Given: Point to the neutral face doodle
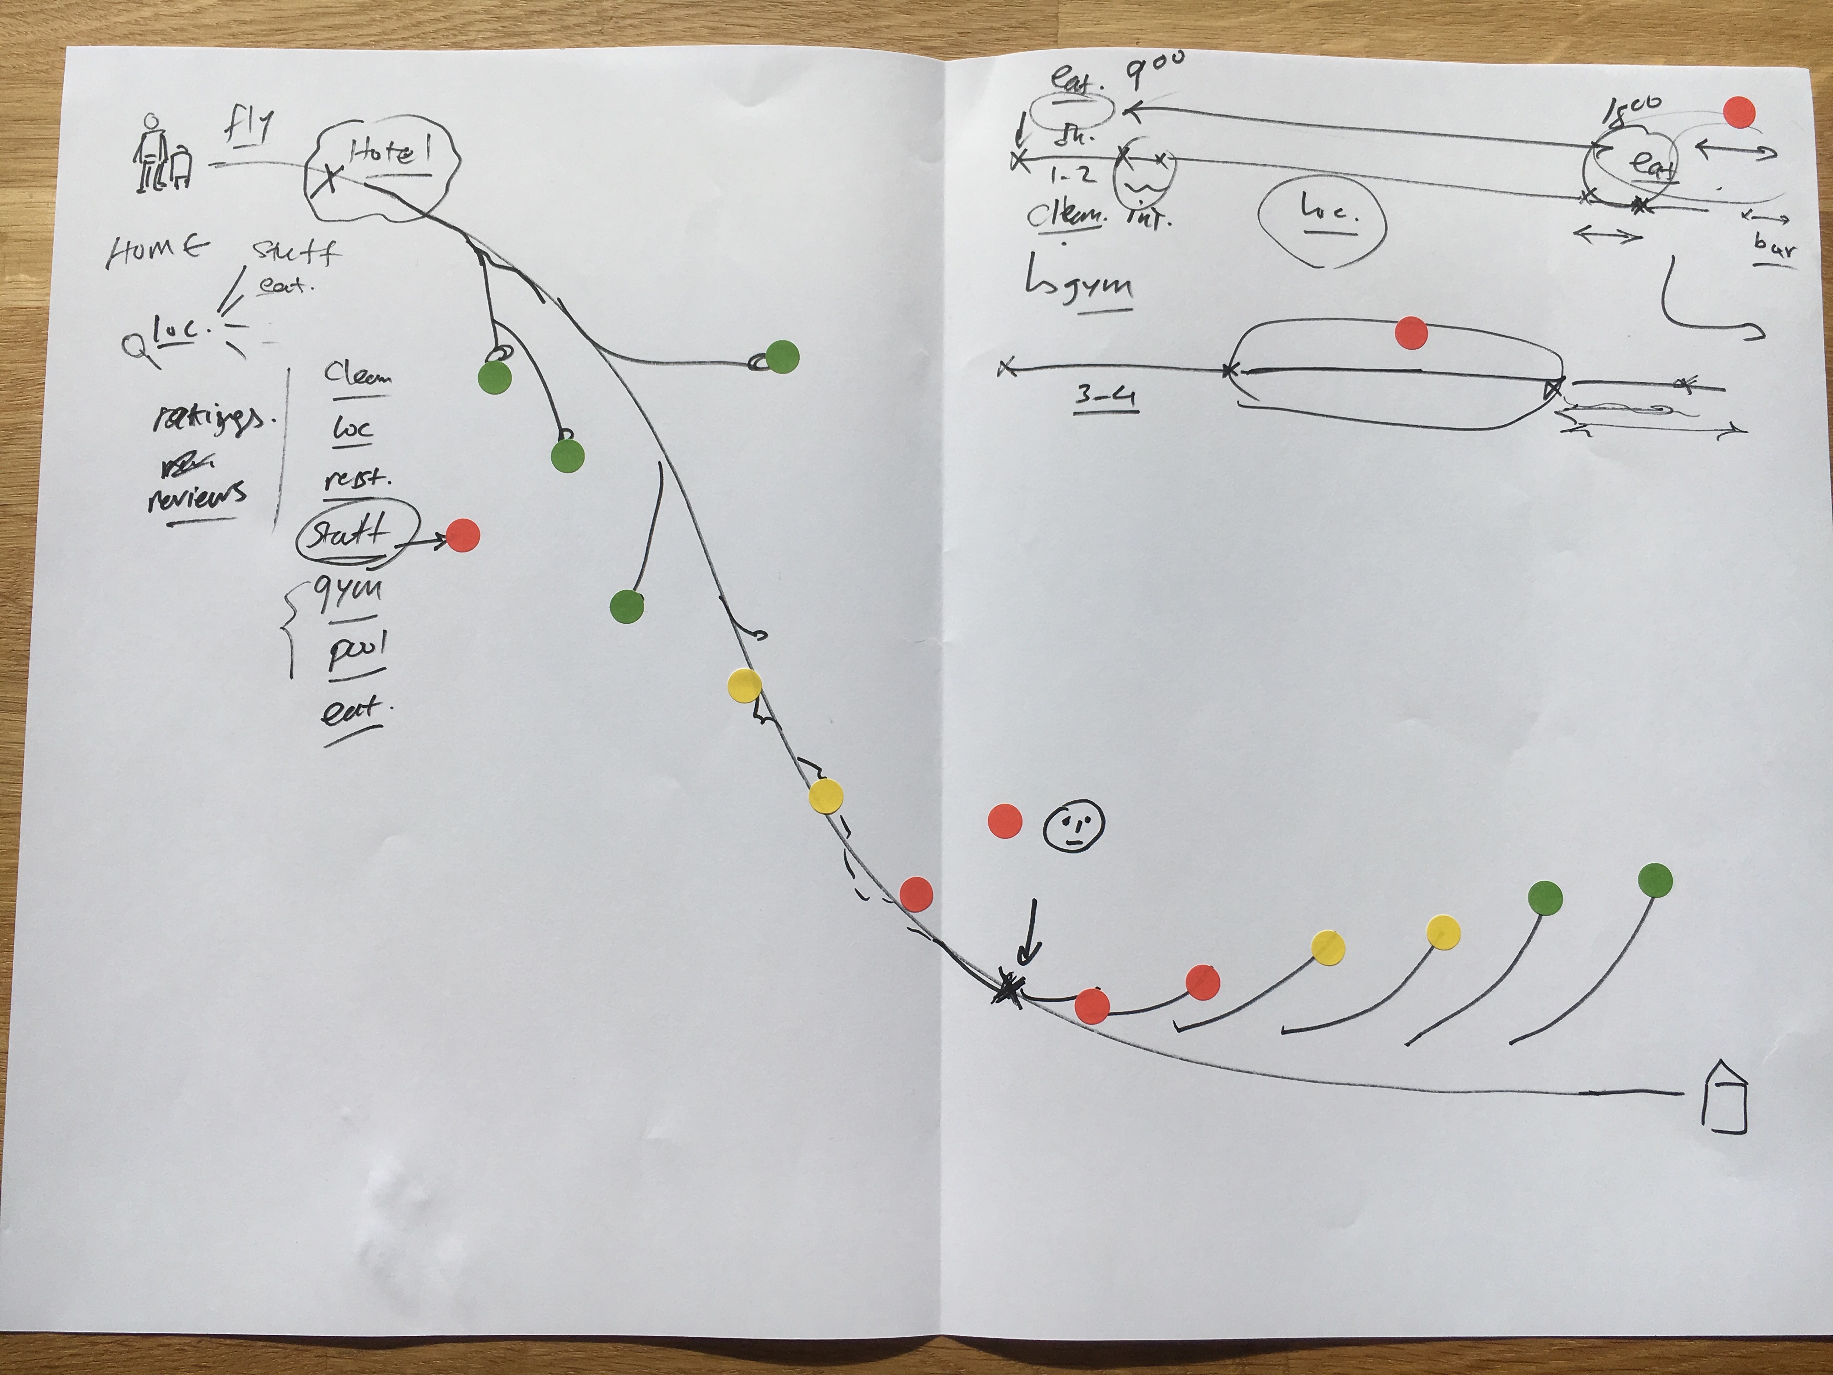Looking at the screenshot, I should tap(1073, 825).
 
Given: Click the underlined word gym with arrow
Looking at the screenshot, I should tap(1086, 286).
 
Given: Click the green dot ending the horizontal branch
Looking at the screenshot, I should tap(781, 357).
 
